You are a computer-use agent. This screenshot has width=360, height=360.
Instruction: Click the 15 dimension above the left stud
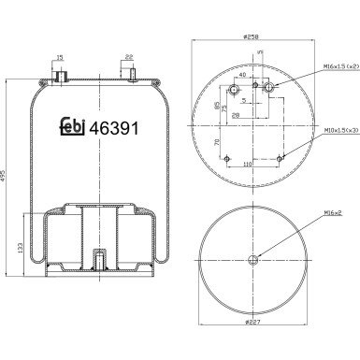[60, 58]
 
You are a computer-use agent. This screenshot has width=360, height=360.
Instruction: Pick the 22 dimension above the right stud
[129, 58]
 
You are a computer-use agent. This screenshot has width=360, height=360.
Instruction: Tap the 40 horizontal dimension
[242, 75]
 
